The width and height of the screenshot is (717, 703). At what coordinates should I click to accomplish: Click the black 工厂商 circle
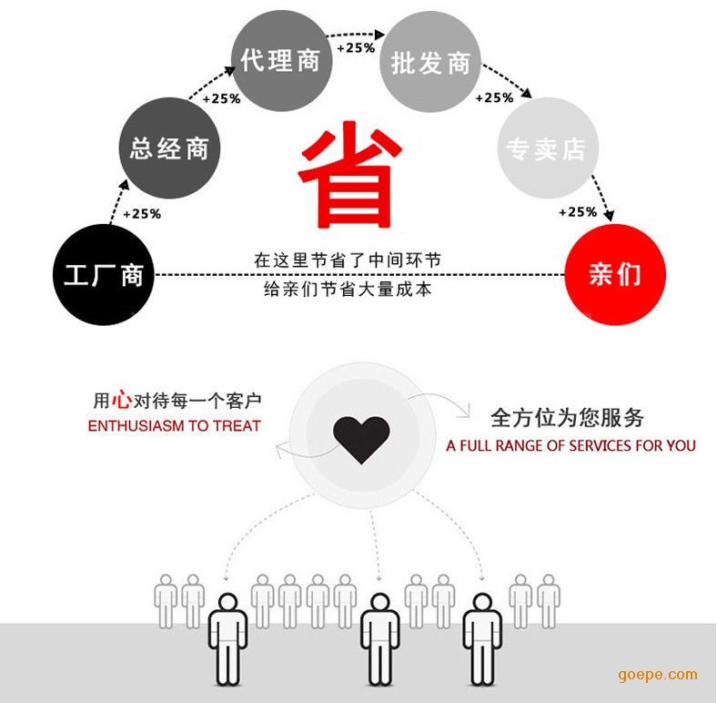pyautogui.click(x=104, y=275)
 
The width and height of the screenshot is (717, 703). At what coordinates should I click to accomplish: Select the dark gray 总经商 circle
pyautogui.click(x=169, y=148)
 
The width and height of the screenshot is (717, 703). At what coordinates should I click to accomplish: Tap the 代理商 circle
pyautogui.click(x=281, y=60)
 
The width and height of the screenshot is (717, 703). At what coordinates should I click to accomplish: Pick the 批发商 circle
pyautogui.click(x=430, y=62)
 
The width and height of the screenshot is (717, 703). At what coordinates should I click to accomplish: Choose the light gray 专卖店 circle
pyautogui.click(x=548, y=148)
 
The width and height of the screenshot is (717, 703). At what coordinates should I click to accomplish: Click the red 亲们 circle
pyautogui.click(x=615, y=275)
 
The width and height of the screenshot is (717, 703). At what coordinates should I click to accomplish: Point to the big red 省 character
pyautogui.click(x=349, y=174)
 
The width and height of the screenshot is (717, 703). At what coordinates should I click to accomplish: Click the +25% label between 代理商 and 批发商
pyautogui.click(x=356, y=47)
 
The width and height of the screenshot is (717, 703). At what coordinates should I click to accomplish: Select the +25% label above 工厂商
pyautogui.click(x=142, y=214)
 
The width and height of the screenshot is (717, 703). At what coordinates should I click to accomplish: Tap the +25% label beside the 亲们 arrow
pyautogui.click(x=578, y=212)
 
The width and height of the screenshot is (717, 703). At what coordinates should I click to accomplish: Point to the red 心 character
pyautogui.click(x=122, y=399)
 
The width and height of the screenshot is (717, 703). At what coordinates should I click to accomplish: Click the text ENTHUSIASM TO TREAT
pyautogui.click(x=174, y=426)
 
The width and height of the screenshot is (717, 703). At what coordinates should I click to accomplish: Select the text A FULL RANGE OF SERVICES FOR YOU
pyautogui.click(x=571, y=446)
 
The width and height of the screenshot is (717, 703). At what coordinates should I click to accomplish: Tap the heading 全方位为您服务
pyautogui.click(x=567, y=417)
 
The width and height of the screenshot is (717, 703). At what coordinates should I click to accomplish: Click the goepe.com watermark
pyautogui.click(x=658, y=675)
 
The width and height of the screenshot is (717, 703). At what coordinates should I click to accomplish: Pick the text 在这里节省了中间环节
pyautogui.click(x=348, y=260)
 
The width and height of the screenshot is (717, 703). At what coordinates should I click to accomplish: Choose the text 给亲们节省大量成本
pyautogui.click(x=348, y=290)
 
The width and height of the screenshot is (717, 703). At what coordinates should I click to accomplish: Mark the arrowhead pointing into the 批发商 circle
pyautogui.click(x=379, y=35)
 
